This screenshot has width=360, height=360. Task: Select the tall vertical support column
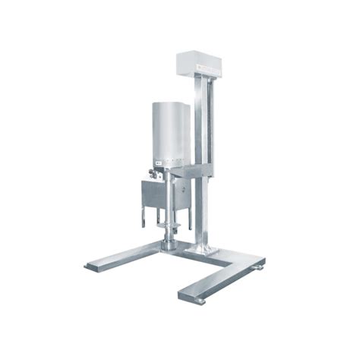[x=202, y=167]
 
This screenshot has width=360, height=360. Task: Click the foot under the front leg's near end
[x=201, y=301]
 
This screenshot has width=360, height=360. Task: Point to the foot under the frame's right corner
[x=260, y=267]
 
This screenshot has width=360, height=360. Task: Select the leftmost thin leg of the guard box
[x=141, y=216]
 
